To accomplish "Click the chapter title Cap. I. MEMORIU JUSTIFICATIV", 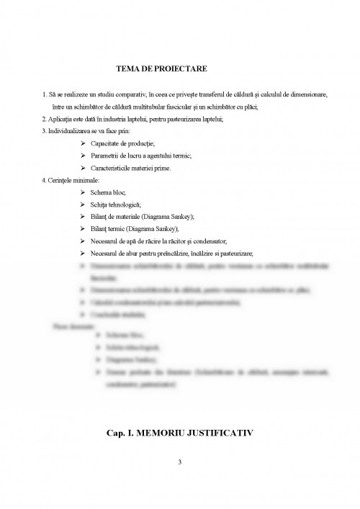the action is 180,433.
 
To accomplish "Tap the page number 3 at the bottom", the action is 180,461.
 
